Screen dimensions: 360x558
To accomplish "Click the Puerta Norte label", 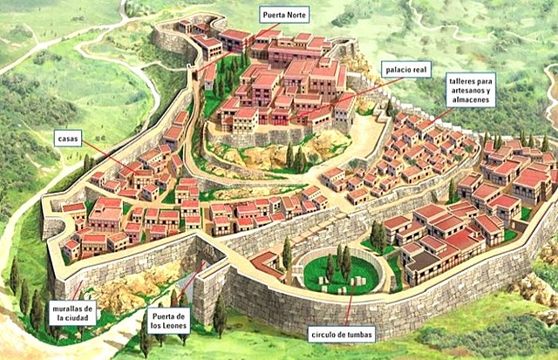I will click(284, 15).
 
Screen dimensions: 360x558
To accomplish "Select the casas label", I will click(67, 138).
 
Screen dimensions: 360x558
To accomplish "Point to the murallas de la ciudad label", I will click(72, 313).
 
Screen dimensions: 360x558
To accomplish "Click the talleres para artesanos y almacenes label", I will click(471, 90).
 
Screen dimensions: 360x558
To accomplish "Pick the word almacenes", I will click(471, 101).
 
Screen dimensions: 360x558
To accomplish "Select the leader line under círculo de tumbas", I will click(349, 305).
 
